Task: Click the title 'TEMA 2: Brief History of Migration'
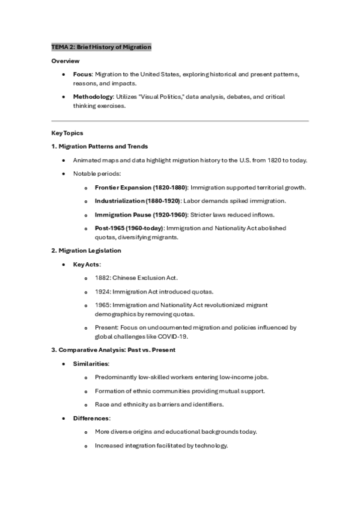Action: point(101,47)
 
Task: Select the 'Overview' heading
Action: point(65,61)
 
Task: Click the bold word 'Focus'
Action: point(82,74)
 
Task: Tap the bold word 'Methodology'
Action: point(93,96)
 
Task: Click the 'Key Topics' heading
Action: point(67,133)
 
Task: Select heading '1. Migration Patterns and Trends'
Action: point(100,146)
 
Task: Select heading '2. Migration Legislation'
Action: point(86,250)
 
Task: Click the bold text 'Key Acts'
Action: point(87,264)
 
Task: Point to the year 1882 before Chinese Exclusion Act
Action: point(102,277)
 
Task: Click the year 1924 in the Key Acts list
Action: point(102,291)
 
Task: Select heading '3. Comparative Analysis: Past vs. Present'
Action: point(114,350)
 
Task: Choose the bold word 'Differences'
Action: point(91,418)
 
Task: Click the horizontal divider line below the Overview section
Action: point(180,121)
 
